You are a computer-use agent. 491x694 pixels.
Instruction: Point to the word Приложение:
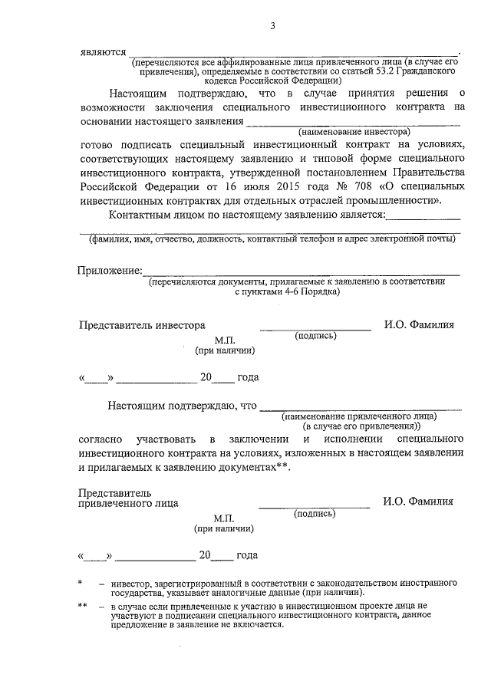(x=110, y=270)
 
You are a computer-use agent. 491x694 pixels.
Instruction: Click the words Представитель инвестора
(x=142, y=324)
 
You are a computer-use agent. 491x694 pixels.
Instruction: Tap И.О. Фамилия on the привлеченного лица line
(x=418, y=502)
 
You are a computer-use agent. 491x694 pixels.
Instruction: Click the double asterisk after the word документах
(x=282, y=467)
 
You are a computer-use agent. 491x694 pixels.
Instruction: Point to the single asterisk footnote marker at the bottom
(x=81, y=584)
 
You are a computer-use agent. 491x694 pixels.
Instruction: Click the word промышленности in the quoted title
(x=394, y=200)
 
